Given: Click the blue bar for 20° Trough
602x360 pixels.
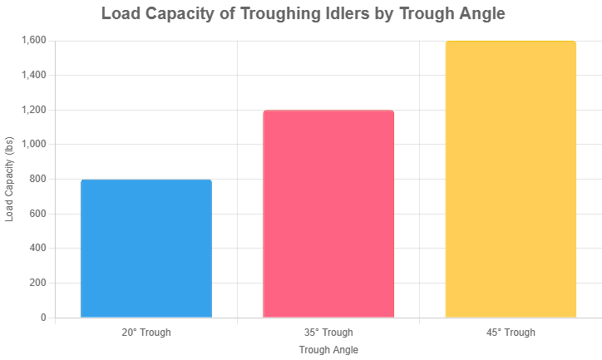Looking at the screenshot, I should coord(146,249).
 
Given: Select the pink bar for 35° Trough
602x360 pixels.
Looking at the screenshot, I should coord(328,214).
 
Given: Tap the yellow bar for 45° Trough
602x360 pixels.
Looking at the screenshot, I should coord(511,179).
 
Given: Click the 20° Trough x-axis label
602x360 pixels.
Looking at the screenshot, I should coord(146,333).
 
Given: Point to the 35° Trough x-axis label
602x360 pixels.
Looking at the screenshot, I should coord(328,333).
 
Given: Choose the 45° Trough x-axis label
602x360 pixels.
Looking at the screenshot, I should coord(511,333).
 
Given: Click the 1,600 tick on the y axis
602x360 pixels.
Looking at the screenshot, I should coord(33,41).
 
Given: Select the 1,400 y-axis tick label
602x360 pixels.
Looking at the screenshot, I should coord(33,76).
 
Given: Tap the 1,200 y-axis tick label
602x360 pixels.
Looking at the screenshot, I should coord(33,110).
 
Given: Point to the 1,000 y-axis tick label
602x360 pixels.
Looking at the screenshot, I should coord(33,145).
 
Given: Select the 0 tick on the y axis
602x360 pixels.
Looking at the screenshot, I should coord(43,318).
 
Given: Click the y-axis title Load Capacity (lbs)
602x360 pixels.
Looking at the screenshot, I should coord(10,179).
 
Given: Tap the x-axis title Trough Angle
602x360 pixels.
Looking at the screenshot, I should coord(328,350).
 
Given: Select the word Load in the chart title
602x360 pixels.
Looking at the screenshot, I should coord(121,14).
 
